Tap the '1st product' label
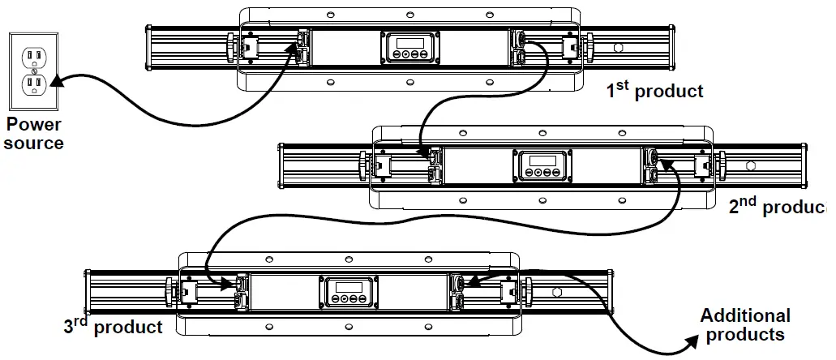point(655,90)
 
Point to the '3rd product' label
point(113,327)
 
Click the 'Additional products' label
point(744,324)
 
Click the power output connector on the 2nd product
point(651,156)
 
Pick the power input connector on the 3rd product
point(241,284)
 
